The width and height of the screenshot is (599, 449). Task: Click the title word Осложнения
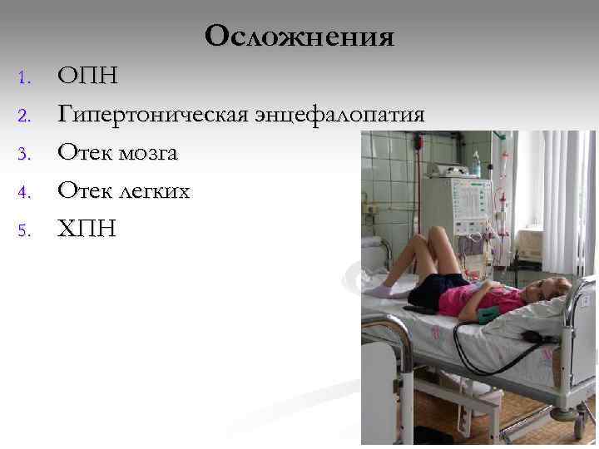tap(299, 37)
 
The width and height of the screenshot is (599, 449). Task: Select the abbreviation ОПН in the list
tap(87, 77)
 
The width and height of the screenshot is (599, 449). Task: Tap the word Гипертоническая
tap(153, 116)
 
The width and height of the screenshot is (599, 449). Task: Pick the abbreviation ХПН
tap(87, 229)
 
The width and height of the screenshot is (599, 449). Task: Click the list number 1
tap(23, 80)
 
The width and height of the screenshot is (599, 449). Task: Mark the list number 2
tap(23, 117)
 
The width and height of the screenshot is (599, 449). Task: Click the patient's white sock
tap(382, 290)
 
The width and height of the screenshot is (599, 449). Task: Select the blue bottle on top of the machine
tap(476, 162)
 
